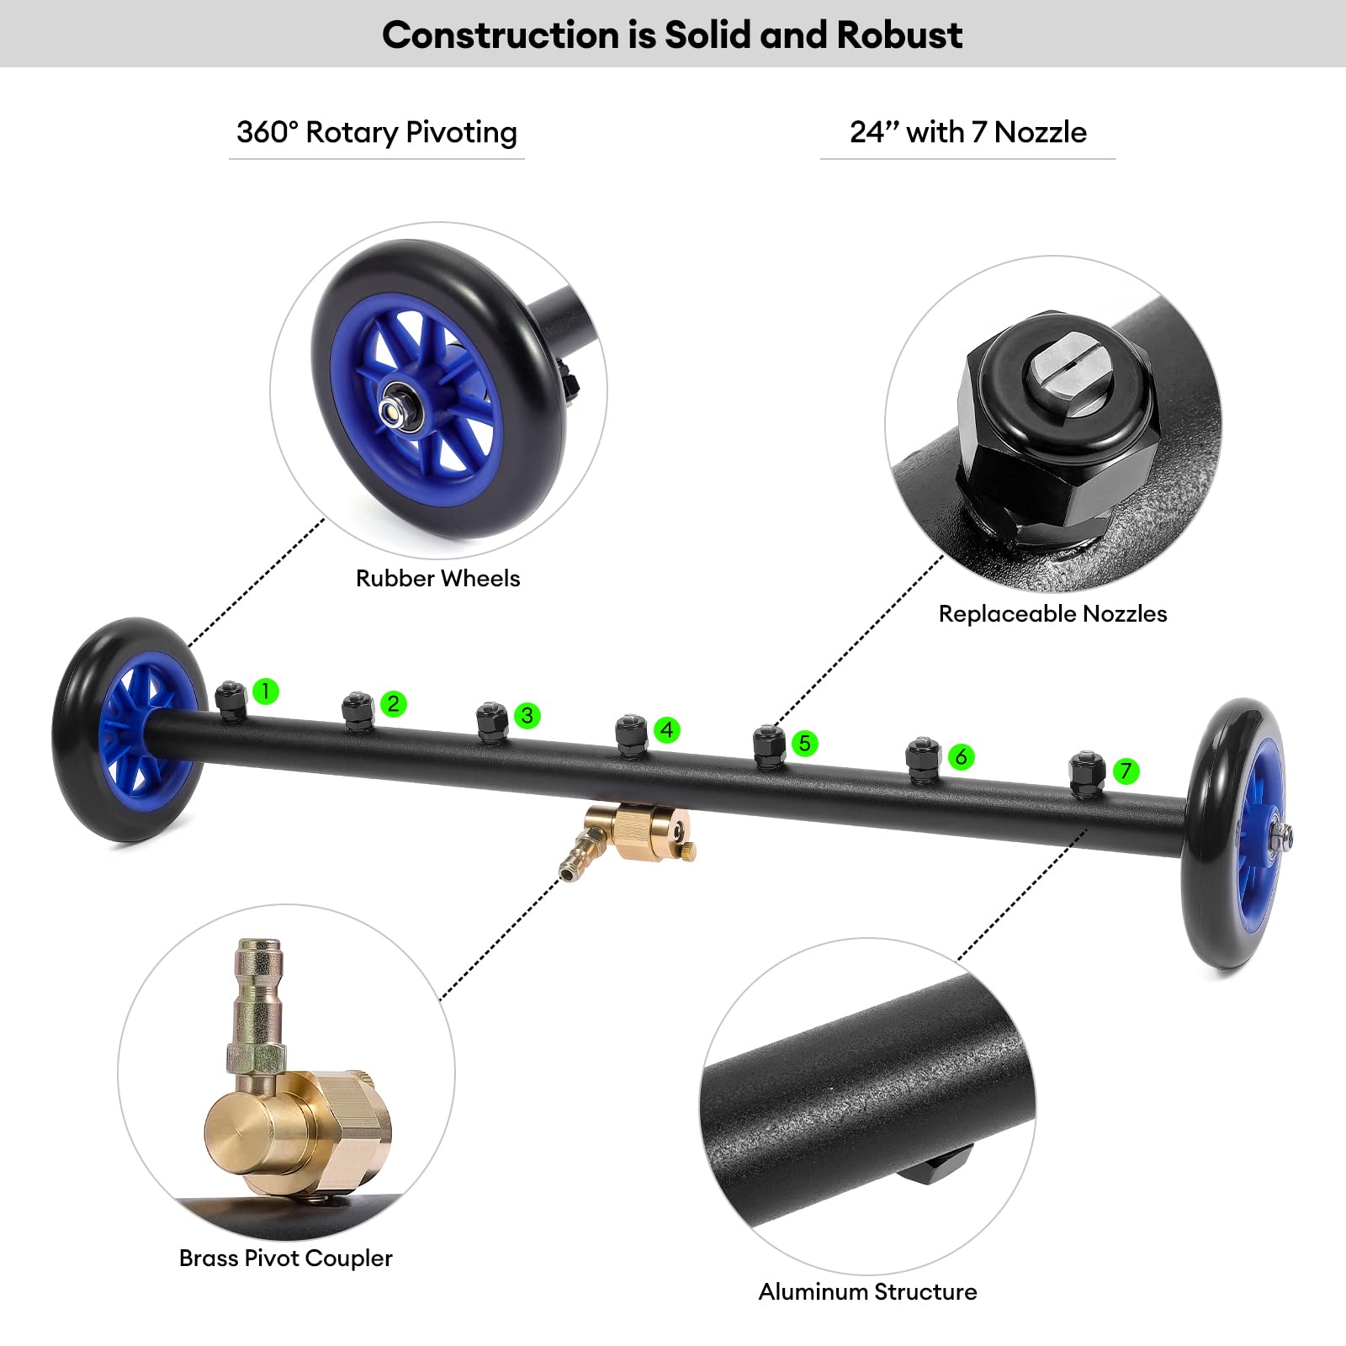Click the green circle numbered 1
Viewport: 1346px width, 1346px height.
pos(265,692)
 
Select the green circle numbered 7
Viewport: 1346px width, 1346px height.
pos(1126,771)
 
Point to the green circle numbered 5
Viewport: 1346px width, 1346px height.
pos(805,743)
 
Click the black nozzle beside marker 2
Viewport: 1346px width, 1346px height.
pos(358,712)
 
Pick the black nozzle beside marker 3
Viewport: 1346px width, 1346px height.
pos(492,723)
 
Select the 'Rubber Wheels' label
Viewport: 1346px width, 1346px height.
pos(437,578)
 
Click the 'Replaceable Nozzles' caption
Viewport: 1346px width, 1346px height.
pos(1052,613)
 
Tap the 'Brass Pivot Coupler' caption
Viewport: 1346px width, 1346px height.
pos(286,1258)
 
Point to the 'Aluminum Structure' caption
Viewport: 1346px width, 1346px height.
pos(867,1291)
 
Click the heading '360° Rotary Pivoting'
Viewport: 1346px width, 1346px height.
pos(377,133)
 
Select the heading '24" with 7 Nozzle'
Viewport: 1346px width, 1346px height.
pos(968,132)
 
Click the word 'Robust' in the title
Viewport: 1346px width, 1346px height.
pos(899,35)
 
